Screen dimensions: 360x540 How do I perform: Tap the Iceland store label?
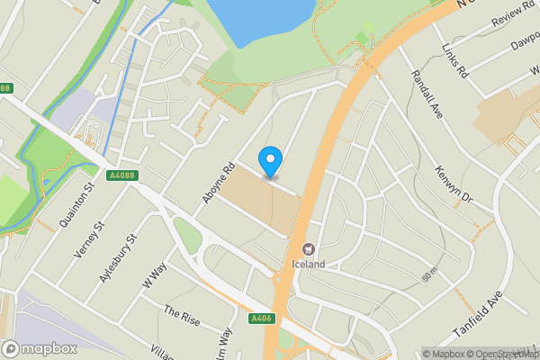[308, 265]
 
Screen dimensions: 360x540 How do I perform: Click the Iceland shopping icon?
[308, 248]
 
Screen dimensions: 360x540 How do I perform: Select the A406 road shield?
[262, 318]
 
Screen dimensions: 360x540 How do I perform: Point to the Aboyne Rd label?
[219, 182]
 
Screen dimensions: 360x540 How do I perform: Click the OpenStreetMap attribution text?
[499, 354]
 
